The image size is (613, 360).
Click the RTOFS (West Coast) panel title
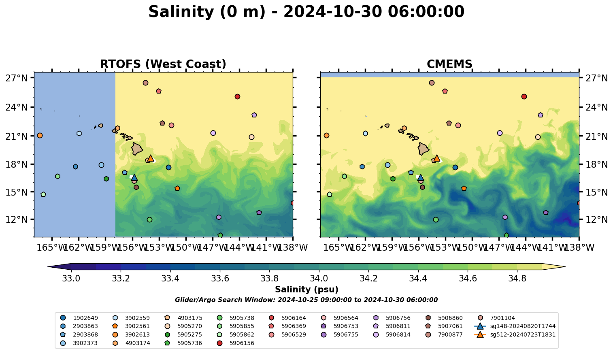163,64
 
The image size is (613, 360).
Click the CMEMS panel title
449,64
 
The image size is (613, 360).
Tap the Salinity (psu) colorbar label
306,290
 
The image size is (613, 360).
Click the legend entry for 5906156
242,343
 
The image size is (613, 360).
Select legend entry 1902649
85,318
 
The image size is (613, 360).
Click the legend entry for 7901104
502,318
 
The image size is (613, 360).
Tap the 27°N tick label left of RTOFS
16,78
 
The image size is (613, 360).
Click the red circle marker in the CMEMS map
524,97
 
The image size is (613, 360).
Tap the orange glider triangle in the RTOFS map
151,158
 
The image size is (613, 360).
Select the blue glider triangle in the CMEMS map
420,178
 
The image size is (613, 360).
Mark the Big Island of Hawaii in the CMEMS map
424,149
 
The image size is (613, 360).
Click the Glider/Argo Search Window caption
306,300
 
